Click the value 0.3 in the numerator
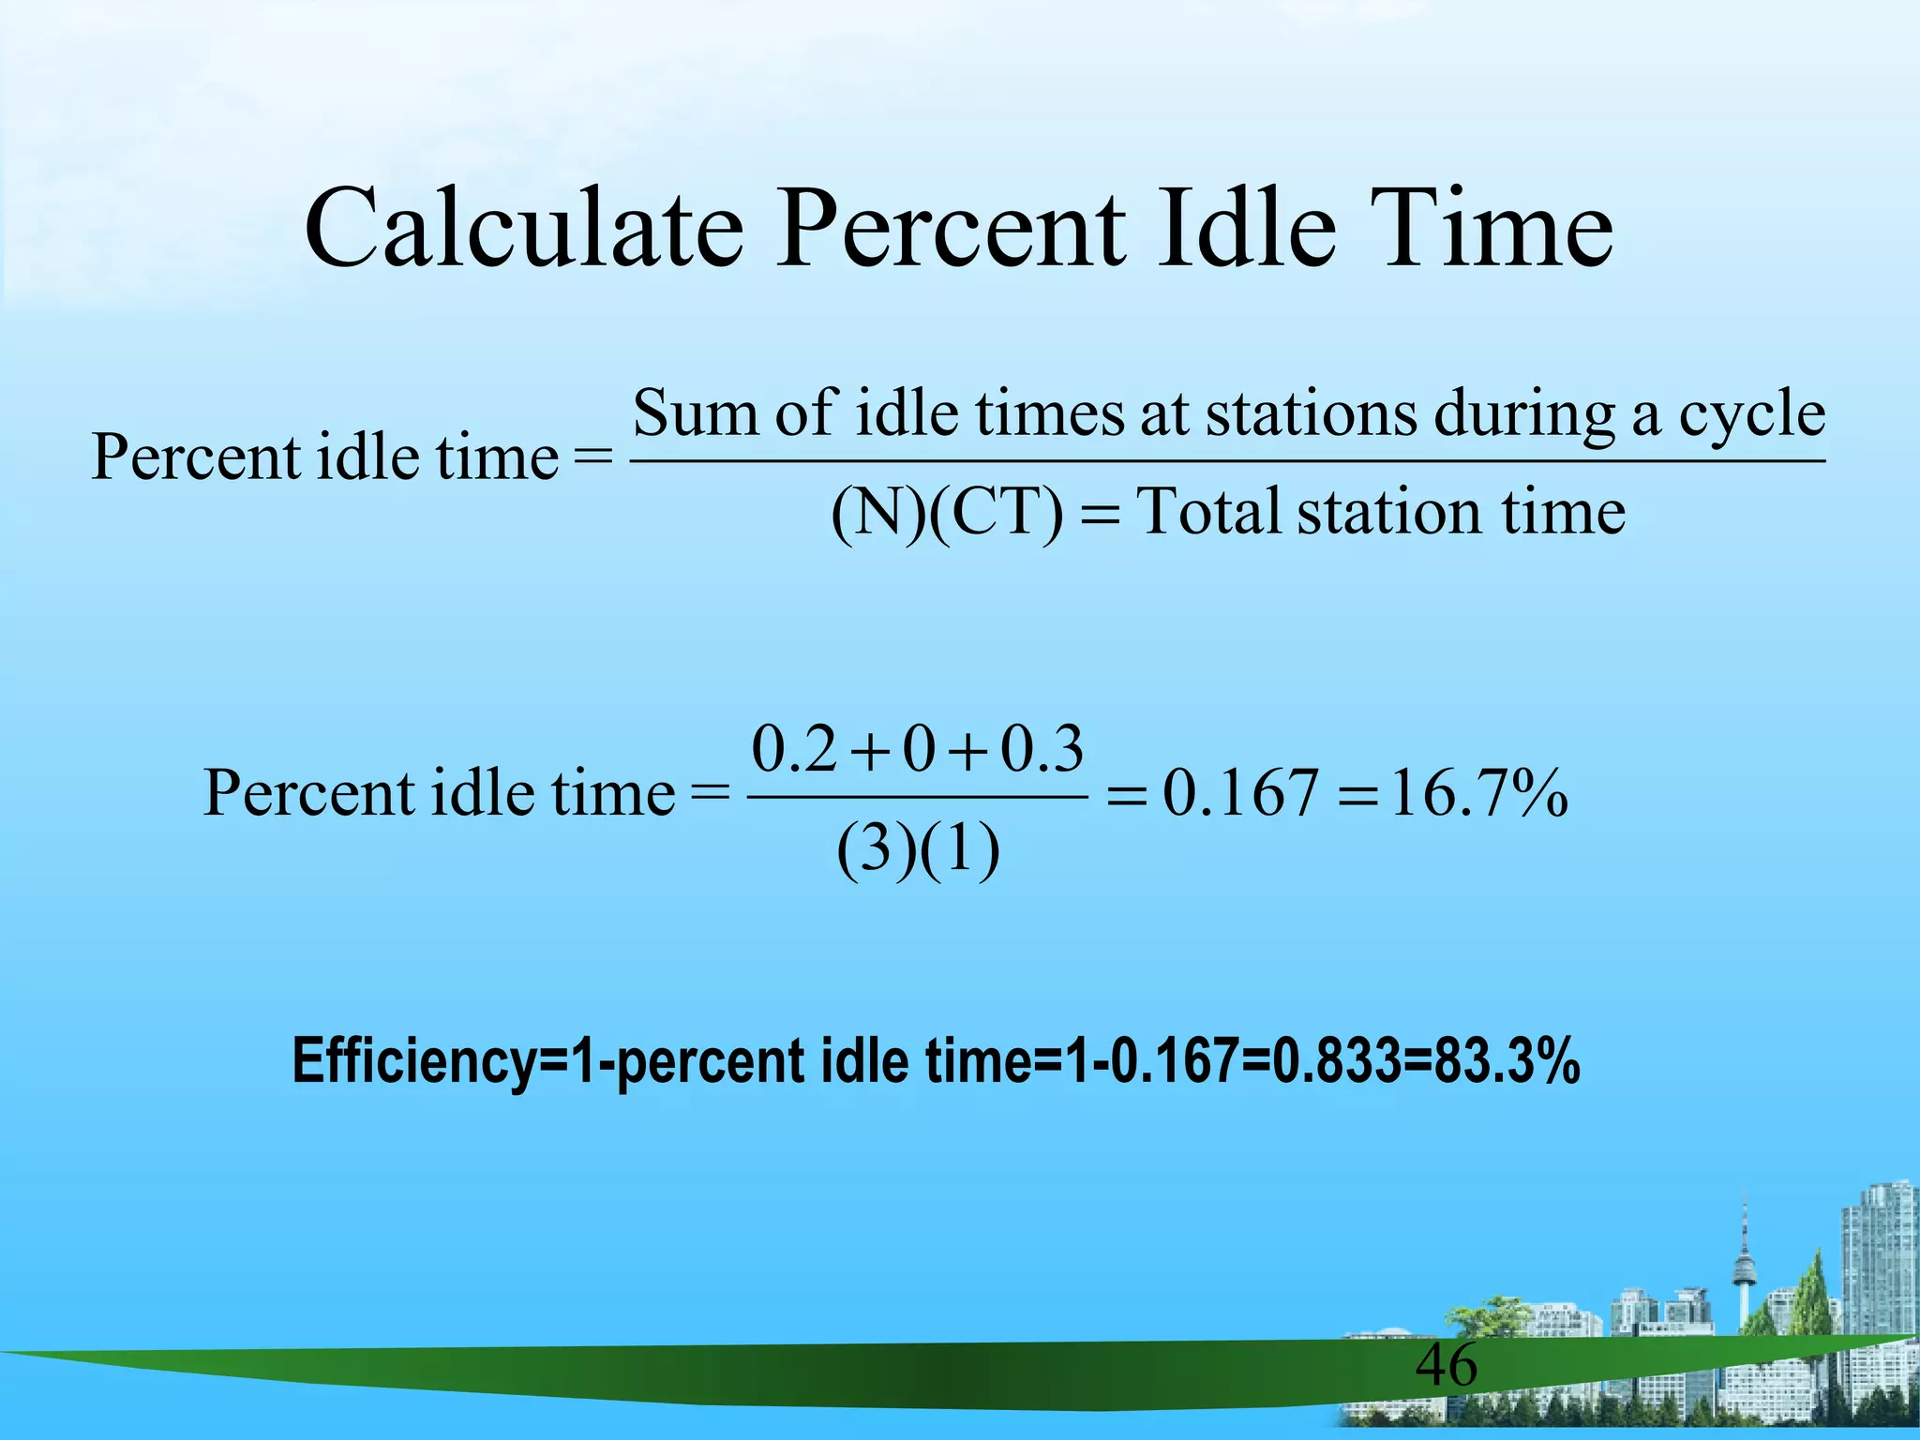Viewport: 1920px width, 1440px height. pos(1042,749)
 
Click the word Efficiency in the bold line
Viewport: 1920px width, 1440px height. pos(412,1062)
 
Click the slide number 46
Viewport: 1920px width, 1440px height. pos(1446,1365)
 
